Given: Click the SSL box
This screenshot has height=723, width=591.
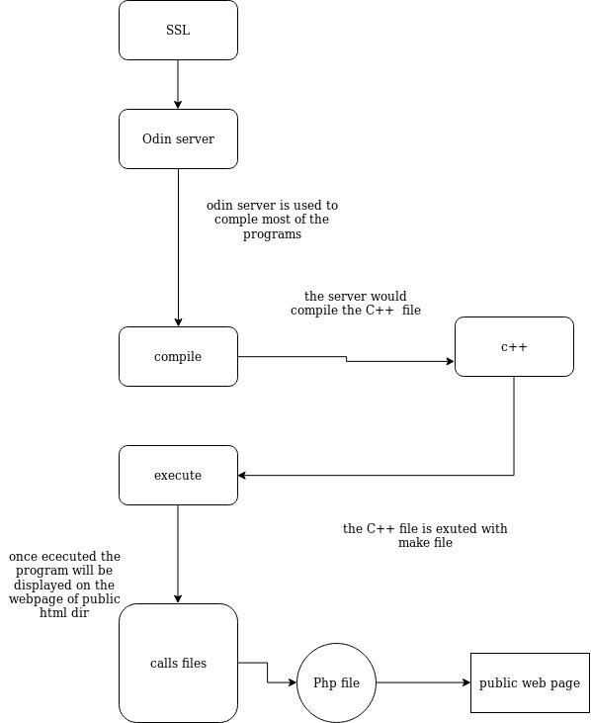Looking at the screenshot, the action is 178,30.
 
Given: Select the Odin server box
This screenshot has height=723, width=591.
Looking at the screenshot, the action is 178,138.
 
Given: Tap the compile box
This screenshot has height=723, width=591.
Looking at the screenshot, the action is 178,356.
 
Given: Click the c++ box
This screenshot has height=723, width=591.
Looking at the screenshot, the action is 514,347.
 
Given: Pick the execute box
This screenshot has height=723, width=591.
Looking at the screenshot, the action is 178,475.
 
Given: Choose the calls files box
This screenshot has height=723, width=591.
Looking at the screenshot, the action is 178,663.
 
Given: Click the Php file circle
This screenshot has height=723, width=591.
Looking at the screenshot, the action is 336,682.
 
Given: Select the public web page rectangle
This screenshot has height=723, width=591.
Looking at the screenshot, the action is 530,682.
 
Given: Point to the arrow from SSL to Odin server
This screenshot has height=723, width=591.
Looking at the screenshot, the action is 178,84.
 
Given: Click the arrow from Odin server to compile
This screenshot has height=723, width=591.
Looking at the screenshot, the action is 178,247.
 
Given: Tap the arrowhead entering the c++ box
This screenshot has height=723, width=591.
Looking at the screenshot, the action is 451,362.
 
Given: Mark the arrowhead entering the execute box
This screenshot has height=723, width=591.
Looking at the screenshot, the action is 242,475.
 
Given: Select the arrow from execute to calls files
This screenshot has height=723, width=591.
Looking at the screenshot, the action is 178,554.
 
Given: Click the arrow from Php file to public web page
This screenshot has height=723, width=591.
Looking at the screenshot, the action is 423,682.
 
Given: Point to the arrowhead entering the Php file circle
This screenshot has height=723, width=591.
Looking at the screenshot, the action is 293,682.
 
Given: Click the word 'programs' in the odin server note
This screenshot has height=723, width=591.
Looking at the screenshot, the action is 272,234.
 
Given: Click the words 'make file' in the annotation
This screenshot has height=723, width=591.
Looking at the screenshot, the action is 425,543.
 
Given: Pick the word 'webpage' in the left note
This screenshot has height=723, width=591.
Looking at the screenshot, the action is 34,599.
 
